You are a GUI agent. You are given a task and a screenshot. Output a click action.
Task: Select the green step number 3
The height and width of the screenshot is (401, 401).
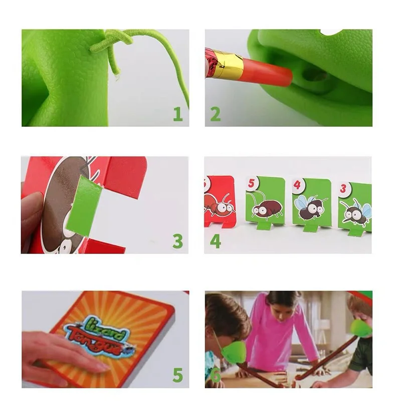[x=177, y=241]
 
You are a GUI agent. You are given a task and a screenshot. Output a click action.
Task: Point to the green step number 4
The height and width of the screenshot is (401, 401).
[x=215, y=241]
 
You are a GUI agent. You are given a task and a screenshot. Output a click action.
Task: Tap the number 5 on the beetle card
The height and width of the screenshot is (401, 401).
[x=252, y=183]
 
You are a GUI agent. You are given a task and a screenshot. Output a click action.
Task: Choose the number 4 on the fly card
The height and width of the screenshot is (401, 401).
[x=297, y=185]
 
